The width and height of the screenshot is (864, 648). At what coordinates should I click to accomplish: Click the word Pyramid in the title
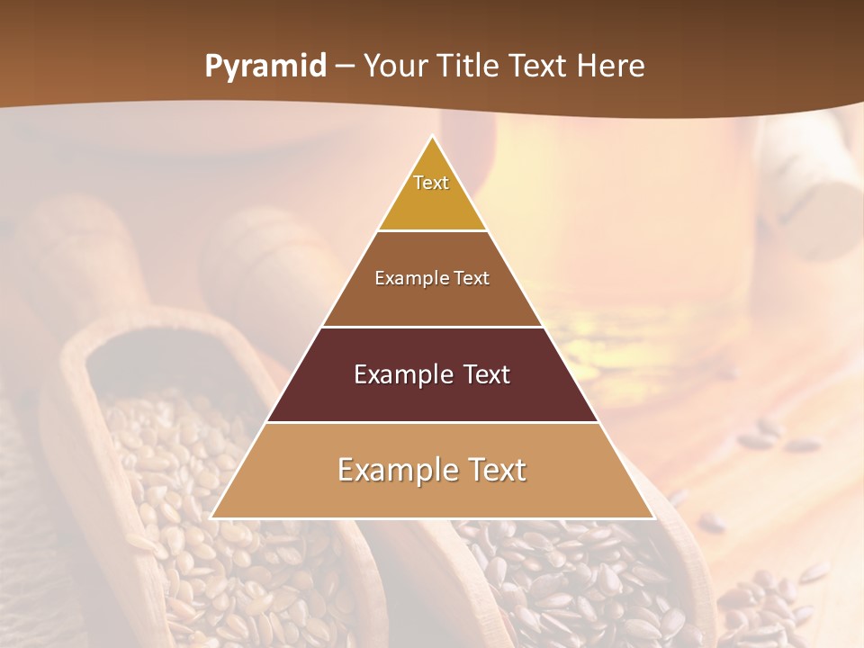[265, 67]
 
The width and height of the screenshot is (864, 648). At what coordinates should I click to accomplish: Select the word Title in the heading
[469, 67]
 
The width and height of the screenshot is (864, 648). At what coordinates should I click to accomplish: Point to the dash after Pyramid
[345, 67]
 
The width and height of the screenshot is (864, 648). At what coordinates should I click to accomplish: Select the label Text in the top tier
[431, 183]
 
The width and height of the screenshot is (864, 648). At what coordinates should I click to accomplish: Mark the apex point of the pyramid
[433, 137]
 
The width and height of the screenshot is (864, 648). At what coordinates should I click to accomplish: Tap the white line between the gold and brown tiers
[432, 230]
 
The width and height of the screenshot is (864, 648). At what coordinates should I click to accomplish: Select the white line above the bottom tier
[432, 422]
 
